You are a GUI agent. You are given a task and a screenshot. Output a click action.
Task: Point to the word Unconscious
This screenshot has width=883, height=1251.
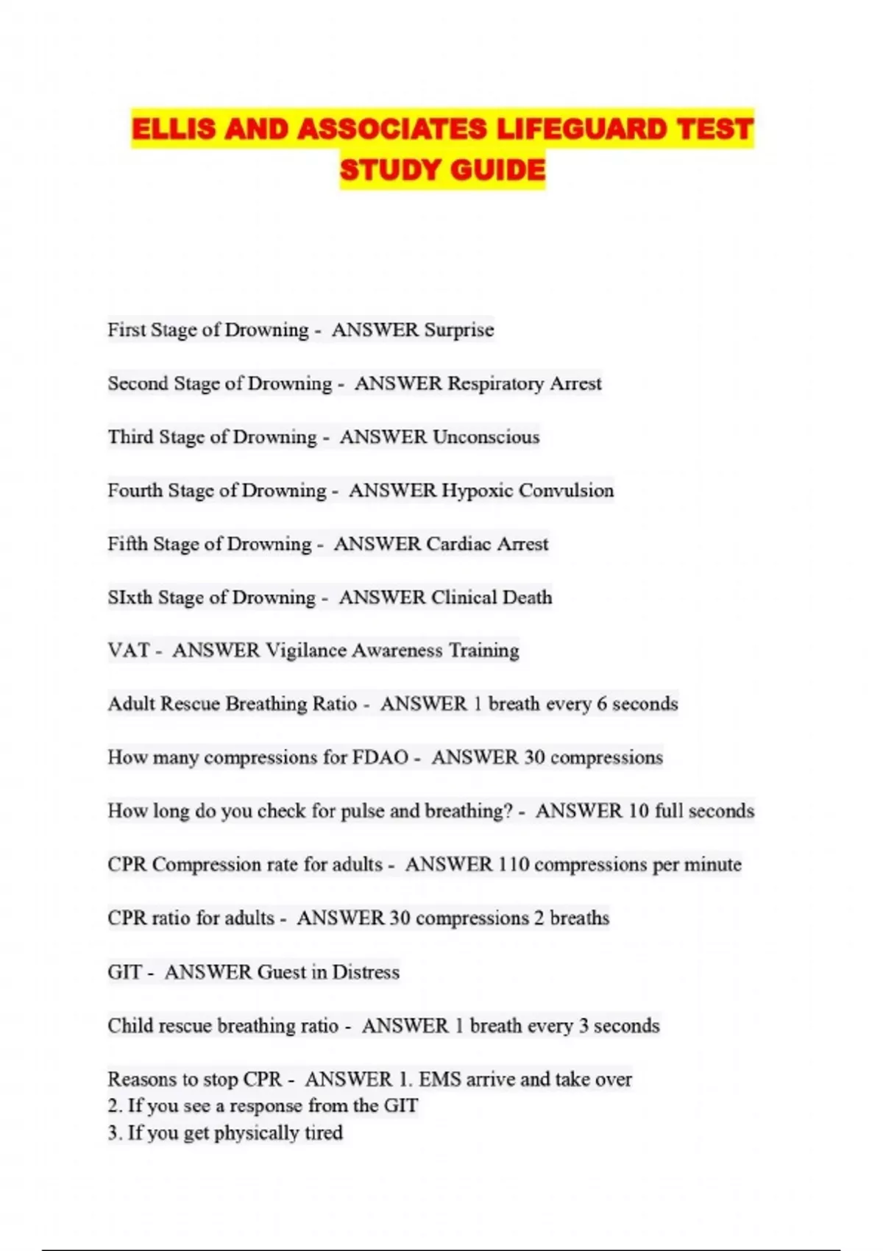point(486,437)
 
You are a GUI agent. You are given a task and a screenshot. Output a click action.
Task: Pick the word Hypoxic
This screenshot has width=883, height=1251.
point(477,490)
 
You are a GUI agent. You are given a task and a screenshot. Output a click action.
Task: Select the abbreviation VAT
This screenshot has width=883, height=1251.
point(129,651)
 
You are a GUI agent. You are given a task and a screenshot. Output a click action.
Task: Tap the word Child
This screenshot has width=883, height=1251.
point(127,1026)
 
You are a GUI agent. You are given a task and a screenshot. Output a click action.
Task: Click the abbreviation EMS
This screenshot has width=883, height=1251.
point(439,1080)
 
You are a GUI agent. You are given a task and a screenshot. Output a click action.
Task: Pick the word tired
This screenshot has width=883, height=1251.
point(323,1133)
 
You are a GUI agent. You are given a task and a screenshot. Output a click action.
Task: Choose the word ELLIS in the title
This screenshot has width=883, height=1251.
point(174,130)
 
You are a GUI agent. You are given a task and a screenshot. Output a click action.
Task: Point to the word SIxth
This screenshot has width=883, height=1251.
point(130,598)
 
